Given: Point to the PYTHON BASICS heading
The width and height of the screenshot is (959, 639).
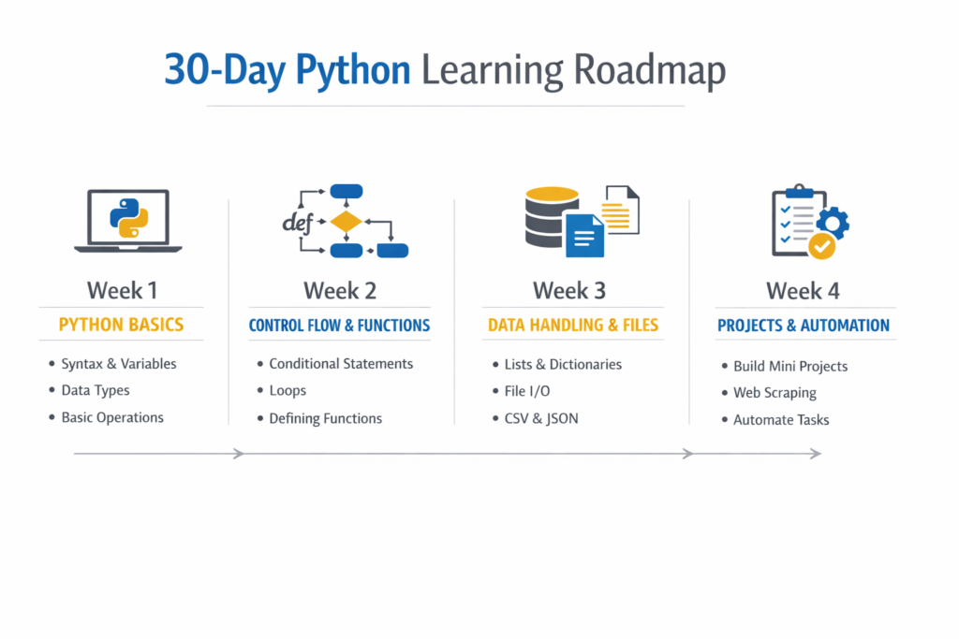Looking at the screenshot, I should coord(121,326).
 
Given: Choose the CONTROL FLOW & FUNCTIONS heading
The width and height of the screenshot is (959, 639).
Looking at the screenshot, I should coord(339,326).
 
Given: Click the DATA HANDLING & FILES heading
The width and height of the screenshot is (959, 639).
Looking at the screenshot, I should coord(572,326).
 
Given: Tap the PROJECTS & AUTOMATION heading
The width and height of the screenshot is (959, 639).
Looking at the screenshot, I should coord(803,326).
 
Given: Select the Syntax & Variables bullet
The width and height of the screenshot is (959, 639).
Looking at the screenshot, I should coord(119,364).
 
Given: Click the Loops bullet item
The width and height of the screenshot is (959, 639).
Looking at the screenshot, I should coord(288,390).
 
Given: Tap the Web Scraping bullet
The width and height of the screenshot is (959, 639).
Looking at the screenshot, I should coord(775,393).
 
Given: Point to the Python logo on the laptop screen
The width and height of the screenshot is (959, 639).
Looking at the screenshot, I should coord(128,218).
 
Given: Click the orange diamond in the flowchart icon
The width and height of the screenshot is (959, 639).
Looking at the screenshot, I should coord(346,222).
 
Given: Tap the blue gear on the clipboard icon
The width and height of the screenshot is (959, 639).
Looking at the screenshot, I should coord(833,222).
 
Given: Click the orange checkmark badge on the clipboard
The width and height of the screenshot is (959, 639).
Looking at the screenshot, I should coord(821,246).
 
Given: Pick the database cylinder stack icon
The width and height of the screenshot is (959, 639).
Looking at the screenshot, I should coord(549,217).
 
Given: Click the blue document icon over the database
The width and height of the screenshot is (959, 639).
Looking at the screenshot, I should coord(585,236).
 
